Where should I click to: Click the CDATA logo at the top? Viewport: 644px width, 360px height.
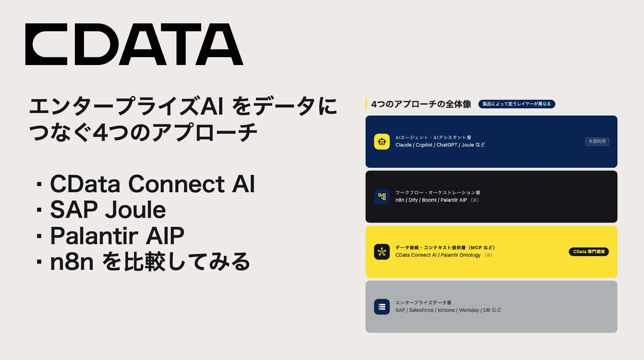pyautogui.click(x=134, y=44)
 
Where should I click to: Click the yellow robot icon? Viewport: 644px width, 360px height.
pyautogui.click(x=382, y=141)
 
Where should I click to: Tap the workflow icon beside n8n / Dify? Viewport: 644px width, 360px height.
pyautogui.click(x=382, y=197)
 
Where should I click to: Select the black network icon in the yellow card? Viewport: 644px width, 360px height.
pyautogui.click(x=382, y=252)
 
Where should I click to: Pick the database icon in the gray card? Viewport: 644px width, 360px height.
pyautogui.click(x=382, y=307)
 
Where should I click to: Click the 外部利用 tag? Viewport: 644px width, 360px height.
pyautogui.click(x=597, y=141)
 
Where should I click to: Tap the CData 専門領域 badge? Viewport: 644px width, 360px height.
pyautogui.click(x=588, y=252)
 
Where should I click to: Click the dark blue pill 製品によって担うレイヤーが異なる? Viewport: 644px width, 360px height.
pyautogui.click(x=517, y=104)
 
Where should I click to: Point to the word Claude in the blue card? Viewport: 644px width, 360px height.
pyautogui.click(x=403, y=145)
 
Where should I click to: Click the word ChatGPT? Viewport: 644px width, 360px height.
pyautogui.click(x=447, y=145)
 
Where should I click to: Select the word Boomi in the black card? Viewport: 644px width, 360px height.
pyautogui.click(x=429, y=200)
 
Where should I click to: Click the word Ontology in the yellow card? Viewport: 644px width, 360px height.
pyautogui.click(x=470, y=255)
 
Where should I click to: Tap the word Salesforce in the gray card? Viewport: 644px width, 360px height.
pyautogui.click(x=421, y=310)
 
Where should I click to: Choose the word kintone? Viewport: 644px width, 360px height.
pyautogui.click(x=446, y=310)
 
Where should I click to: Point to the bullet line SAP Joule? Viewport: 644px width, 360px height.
pyautogui.click(x=108, y=210)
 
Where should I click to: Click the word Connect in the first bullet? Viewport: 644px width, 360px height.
pyautogui.click(x=176, y=184)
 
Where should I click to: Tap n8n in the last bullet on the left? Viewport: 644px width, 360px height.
pyautogui.click(x=72, y=262)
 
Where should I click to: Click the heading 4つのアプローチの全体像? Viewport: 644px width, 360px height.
pyautogui.click(x=421, y=104)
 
